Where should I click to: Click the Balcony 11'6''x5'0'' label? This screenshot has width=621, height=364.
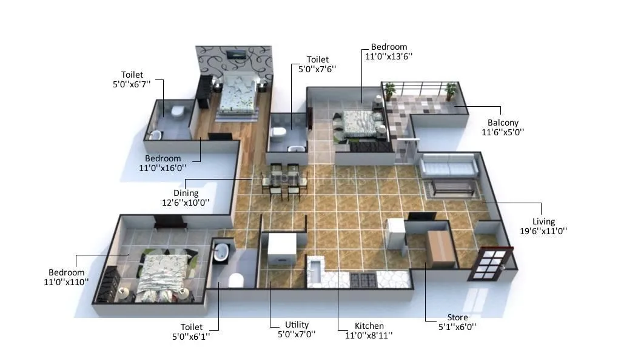[x=503, y=127]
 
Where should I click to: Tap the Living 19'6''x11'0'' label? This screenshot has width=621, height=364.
[x=544, y=226]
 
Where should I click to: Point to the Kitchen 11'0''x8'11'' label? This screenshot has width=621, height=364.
[x=364, y=330]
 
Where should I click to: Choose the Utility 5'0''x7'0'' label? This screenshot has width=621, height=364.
[x=297, y=329]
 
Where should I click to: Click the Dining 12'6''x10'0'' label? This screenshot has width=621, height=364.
[x=186, y=198]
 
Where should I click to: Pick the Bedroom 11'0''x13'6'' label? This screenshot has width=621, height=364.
[x=389, y=52]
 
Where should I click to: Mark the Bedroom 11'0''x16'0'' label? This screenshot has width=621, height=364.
[x=162, y=163]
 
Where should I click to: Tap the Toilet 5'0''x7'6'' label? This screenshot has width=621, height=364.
[x=317, y=64]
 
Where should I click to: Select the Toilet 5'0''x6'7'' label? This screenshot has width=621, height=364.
[x=132, y=79]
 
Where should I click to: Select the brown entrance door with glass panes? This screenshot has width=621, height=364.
[x=491, y=263]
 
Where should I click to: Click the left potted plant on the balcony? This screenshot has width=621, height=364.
[x=389, y=91]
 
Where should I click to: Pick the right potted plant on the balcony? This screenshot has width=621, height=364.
[x=450, y=91]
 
